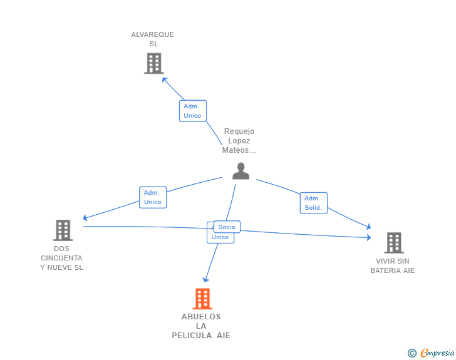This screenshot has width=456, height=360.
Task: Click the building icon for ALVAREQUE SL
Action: (x=153, y=63)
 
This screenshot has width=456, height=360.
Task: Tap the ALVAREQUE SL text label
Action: (x=153, y=39)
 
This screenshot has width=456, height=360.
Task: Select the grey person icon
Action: (x=241, y=171)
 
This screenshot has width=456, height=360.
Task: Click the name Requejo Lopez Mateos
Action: (x=239, y=141)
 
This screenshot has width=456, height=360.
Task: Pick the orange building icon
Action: (x=202, y=299)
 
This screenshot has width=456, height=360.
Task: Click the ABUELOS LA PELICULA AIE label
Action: (x=201, y=326)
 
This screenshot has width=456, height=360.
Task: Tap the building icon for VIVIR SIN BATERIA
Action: (x=393, y=242)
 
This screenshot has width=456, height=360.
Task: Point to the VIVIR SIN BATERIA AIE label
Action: (x=393, y=266)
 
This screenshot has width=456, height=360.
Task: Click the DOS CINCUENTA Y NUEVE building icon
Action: (x=63, y=230)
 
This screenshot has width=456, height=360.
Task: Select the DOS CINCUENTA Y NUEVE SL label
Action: (x=61, y=258)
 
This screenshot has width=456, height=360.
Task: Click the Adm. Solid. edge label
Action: (x=313, y=203)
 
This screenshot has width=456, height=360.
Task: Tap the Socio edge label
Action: (x=227, y=227)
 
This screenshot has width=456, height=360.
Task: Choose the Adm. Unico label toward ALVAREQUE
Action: (x=192, y=111)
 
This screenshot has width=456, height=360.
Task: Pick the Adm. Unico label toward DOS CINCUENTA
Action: (x=152, y=197)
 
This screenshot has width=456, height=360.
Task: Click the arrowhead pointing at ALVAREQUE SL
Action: (x=164, y=79)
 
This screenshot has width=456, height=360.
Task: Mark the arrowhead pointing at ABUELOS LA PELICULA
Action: (x=205, y=280)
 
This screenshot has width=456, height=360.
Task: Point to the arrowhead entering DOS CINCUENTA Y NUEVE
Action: (x=85, y=218)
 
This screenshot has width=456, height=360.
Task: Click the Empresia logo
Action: (x=437, y=353)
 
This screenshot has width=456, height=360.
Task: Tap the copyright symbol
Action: (x=412, y=353)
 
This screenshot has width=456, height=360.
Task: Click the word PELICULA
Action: (x=192, y=336)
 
